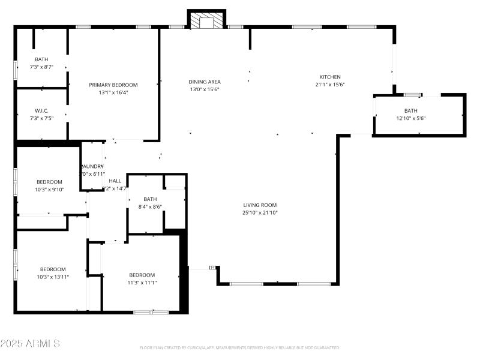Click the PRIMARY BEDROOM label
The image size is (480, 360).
tap(113, 85)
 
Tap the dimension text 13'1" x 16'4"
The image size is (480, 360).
tap(113, 92)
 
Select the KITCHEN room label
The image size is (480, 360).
tap(330, 77)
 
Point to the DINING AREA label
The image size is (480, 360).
tap(205, 82)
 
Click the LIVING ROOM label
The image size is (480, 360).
tap(260, 205)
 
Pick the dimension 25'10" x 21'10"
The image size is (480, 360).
tap(260, 212)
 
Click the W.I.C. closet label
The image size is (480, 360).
tap(41, 110)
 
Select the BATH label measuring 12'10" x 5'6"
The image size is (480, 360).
tap(410, 111)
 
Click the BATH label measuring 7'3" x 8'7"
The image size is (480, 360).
tap(41, 59)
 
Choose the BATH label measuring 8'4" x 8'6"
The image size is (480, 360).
tap(150, 199)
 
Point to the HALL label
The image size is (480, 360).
tap(115, 181)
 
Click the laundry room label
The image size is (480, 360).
tap(93, 166)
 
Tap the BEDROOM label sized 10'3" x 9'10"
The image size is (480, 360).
tap(49, 182)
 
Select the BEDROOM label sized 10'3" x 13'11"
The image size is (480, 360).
tap(53, 269)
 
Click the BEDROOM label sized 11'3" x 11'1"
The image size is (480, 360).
tap(142, 275)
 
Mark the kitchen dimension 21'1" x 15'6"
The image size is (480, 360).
tap(330, 85)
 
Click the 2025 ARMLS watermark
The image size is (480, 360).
tap(30, 344)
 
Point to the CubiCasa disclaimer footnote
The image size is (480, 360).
tap(239, 347)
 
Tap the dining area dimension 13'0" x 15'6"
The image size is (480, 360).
tap(205, 89)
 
